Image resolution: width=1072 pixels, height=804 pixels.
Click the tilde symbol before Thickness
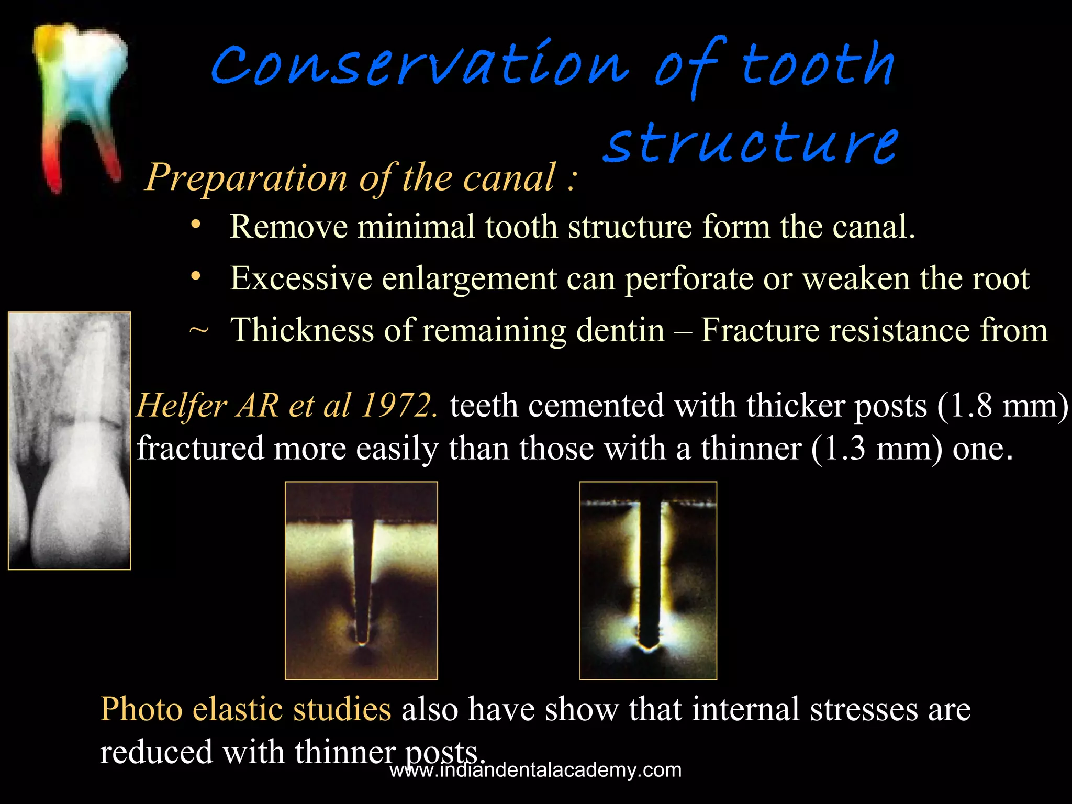(198, 330)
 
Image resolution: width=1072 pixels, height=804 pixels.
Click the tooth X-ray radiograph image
(69, 441)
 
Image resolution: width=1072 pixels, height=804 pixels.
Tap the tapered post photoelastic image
(361, 580)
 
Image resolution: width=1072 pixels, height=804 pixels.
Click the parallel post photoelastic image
(648, 580)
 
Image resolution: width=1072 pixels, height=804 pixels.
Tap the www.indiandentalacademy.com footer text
(535, 770)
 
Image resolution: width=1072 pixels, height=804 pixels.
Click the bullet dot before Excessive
(196, 276)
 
